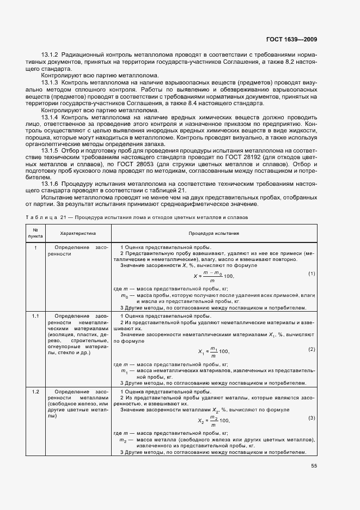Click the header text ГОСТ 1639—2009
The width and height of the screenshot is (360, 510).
point(291,39)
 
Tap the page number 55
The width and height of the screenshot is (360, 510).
point(314,466)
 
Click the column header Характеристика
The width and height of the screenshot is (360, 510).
point(78,233)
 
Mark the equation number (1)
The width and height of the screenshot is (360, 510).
point(312,273)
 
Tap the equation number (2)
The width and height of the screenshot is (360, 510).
point(312,349)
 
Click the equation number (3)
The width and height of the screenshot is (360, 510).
point(312,418)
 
